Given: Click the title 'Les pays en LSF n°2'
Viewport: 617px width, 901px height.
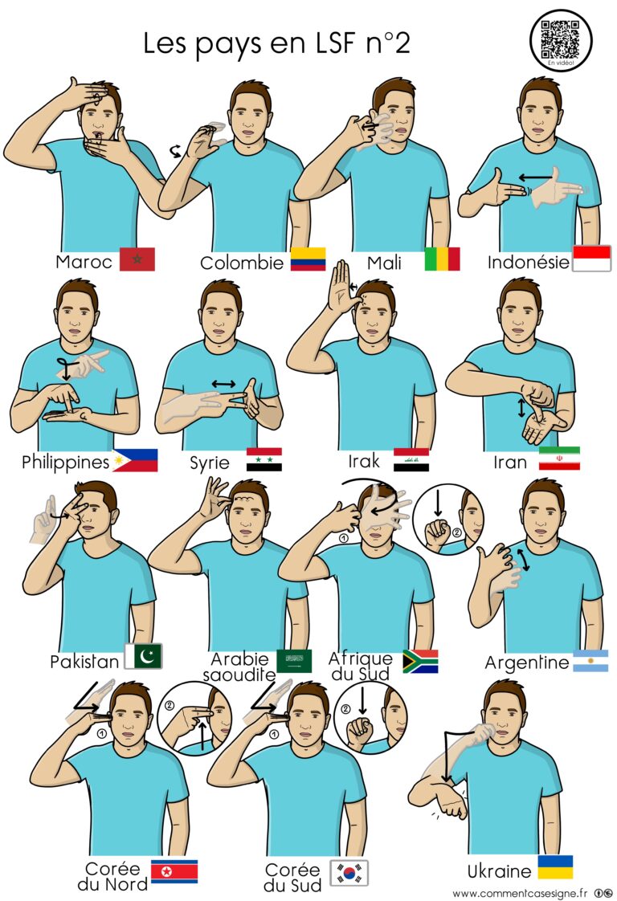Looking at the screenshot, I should tap(276, 43).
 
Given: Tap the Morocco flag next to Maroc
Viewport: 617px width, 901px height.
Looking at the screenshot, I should tap(137, 259).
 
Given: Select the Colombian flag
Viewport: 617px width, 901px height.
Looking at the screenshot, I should tap(308, 259).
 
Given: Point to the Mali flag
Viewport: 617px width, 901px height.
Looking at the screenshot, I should tap(442, 259).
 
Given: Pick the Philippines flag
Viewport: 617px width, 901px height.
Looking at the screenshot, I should tap(135, 460).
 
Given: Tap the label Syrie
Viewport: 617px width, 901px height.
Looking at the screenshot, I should tap(210, 463).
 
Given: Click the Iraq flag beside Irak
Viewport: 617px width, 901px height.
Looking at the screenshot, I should tap(411, 459).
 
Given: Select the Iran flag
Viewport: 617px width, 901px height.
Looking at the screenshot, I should tap(559, 459).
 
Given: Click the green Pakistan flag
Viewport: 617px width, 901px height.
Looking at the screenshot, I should tap(144, 656).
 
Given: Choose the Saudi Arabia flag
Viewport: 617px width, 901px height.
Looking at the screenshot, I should tap(294, 661).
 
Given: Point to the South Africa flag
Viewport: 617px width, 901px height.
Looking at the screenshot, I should tap(420, 661).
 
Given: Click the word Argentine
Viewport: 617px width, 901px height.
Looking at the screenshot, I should tap(526, 663).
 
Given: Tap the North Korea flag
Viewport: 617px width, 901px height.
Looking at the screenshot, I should tap(174, 870).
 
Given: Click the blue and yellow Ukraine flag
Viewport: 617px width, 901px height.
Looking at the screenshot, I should tap(554, 867).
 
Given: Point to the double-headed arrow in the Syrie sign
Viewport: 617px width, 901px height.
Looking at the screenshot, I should tap(223, 384).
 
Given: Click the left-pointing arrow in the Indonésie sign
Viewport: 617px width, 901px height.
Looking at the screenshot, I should tap(534, 176).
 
